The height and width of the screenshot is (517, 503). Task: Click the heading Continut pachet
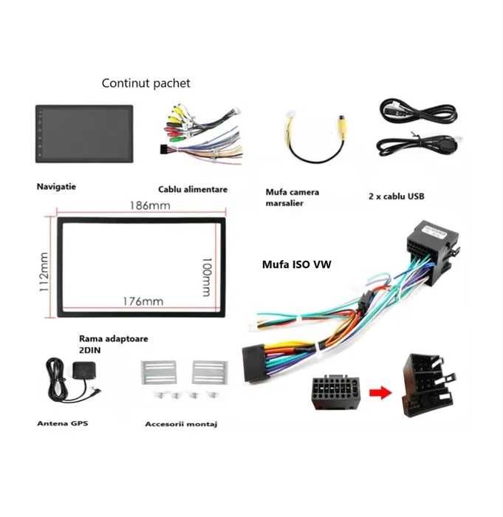[x=146, y=83]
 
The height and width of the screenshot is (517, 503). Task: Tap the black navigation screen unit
[x=84, y=134]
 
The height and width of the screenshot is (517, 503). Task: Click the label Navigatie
[x=56, y=187]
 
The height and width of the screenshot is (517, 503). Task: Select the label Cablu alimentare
[x=193, y=190]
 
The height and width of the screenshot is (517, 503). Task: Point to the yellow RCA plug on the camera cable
[x=342, y=126]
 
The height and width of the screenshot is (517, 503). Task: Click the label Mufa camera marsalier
[x=292, y=197]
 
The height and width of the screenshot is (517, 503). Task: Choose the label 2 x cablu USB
[x=397, y=196]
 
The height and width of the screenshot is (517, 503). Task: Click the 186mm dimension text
[x=150, y=206]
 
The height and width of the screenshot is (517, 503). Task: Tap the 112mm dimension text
[x=44, y=272]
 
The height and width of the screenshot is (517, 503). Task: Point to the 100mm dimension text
[x=207, y=277]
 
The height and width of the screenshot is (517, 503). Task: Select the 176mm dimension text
[x=143, y=301]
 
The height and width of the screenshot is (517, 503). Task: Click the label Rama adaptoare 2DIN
[x=113, y=344]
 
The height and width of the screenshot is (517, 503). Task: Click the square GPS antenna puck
[x=83, y=370]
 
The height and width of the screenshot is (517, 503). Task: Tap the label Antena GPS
[x=62, y=423]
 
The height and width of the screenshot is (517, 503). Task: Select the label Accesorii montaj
[x=181, y=424]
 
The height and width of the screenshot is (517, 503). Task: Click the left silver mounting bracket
[x=159, y=372]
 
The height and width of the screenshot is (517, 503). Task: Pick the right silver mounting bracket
[x=210, y=372]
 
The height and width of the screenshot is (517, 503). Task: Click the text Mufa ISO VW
[x=296, y=264]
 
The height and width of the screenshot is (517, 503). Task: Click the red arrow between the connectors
[x=380, y=392]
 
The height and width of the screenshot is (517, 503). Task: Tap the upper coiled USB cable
[x=418, y=112]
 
